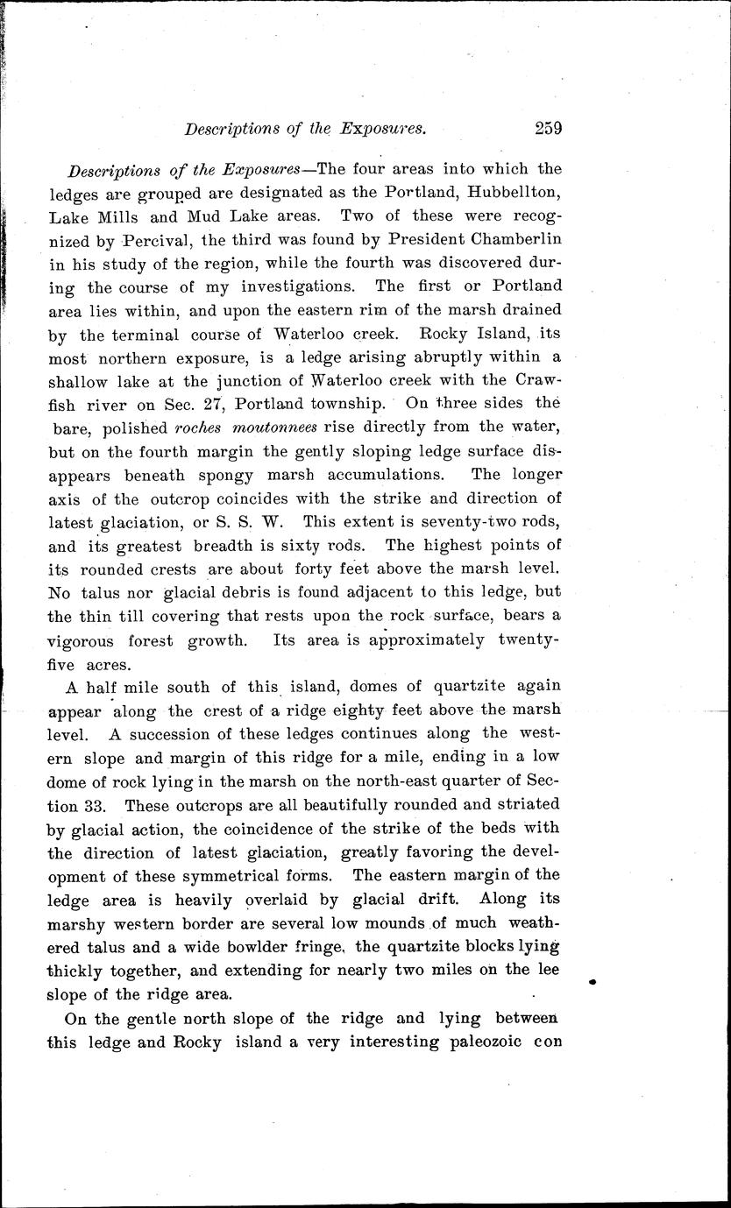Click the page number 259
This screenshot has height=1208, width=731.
pos(548,128)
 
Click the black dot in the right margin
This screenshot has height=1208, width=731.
pos(592,983)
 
